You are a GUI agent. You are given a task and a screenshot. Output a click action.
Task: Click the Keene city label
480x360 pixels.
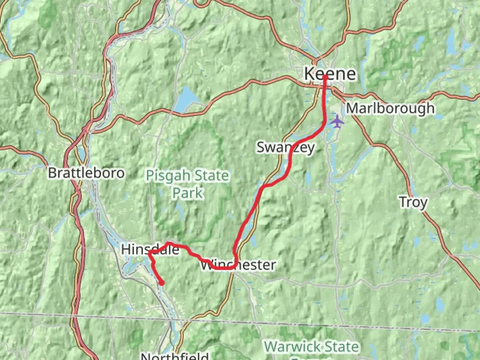pos(330,74)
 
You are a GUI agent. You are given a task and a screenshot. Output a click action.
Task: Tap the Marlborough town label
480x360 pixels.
pos(390,108)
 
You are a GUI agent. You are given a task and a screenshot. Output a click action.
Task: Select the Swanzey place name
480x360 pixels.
pos(285,147)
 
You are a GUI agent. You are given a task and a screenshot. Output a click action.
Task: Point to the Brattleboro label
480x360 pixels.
pos(86,173)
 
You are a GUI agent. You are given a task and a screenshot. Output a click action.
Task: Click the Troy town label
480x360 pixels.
pos(413,202)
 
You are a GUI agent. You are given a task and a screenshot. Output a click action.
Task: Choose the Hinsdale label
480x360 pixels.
pos(150,249)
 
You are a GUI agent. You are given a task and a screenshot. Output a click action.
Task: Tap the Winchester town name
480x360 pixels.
pos(238,265)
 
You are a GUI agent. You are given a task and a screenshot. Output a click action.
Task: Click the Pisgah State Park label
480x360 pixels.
pos(188,184)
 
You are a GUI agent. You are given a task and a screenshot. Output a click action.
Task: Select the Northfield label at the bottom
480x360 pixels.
pos(175,356)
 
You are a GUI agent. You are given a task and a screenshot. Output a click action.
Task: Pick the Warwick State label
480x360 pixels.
pos(312,347)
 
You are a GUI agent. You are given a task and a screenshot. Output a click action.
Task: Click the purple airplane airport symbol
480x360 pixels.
pos(337,121)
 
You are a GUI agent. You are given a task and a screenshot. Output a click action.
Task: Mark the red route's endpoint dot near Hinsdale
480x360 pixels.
pos(162,283)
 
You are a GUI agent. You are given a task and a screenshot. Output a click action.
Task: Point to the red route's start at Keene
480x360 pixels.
pos(325,77)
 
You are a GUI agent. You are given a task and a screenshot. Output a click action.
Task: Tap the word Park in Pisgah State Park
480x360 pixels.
pos(188,193)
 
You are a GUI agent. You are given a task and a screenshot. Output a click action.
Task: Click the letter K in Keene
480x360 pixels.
pos(310,74)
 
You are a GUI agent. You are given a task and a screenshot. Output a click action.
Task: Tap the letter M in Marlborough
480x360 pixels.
pos(353,108)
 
